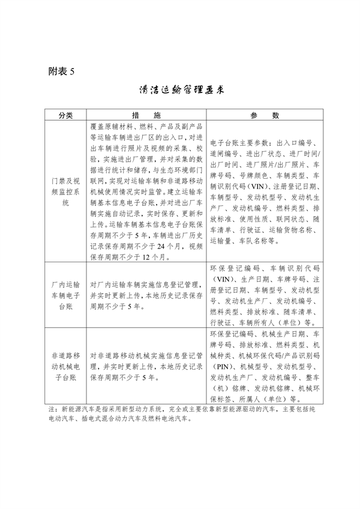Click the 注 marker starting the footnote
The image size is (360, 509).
(x=51, y=409)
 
